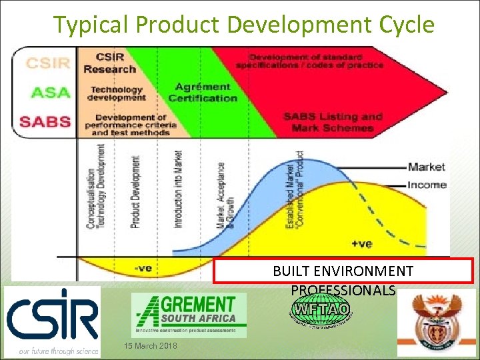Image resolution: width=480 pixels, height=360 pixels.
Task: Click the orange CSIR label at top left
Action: coord(47,64)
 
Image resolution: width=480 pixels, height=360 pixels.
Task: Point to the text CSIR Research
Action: coord(110,63)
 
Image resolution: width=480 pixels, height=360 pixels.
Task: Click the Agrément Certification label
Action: coord(203,93)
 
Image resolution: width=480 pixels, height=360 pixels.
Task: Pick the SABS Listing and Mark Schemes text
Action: coord(333,121)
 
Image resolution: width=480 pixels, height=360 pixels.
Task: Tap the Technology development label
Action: coord(117,93)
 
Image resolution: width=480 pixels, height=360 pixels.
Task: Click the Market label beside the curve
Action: coord(427,167)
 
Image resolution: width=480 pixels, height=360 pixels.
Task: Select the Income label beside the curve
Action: coord(427,185)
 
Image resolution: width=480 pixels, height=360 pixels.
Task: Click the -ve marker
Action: coord(143,268)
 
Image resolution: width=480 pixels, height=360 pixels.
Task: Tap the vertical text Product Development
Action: coord(136,192)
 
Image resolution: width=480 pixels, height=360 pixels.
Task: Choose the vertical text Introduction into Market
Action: coord(178,189)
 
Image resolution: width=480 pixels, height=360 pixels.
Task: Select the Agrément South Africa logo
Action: coord(189,314)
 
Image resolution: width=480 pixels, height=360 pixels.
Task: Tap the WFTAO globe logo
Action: coord(321,310)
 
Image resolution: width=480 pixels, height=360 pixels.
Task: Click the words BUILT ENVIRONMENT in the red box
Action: coord(343,271)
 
